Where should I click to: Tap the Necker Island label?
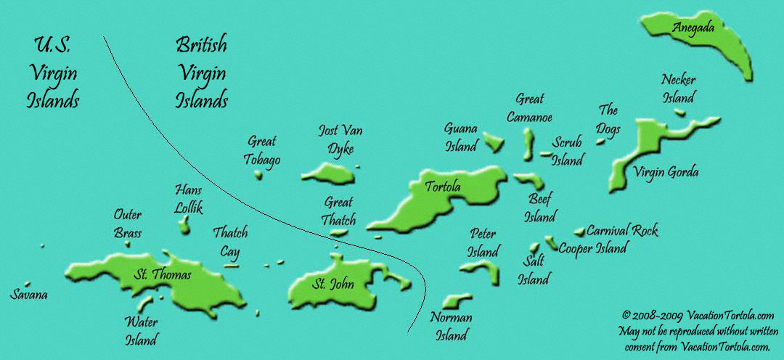click(x=679, y=89)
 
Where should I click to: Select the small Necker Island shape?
click(x=680, y=112)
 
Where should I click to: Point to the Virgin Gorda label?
click(x=666, y=172)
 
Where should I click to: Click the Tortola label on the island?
click(x=442, y=188)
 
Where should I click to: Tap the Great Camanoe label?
click(x=534, y=107)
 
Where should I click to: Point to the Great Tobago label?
click(x=264, y=150)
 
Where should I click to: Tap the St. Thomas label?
click(x=163, y=274)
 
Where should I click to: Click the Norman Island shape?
click(x=454, y=299)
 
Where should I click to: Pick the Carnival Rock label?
click(x=622, y=231)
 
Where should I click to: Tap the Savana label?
click(x=29, y=295)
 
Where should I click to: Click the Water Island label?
click(x=141, y=330)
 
